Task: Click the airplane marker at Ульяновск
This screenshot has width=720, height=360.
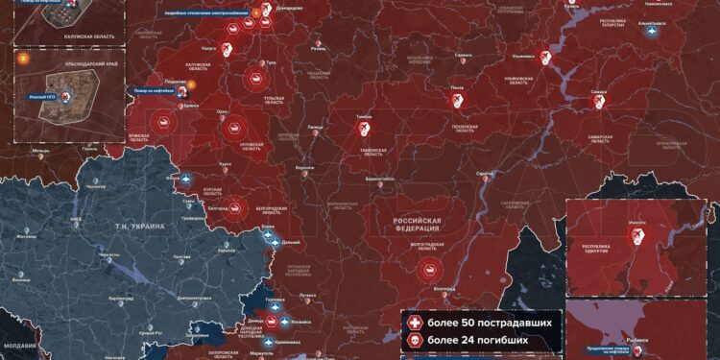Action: (x=546, y=60)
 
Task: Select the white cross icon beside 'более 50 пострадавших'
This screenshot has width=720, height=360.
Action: (x=415, y=323)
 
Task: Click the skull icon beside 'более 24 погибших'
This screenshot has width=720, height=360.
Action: (x=415, y=340)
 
